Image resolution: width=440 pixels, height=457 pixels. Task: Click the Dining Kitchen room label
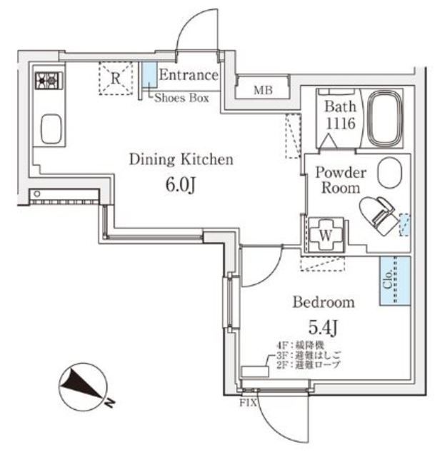tap(181, 159)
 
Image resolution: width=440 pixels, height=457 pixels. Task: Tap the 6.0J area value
tap(181, 186)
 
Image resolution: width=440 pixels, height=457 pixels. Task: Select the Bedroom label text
tap(324, 302)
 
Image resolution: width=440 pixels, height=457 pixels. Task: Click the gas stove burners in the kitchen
tap(49, 80)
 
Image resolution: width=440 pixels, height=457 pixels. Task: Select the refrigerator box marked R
tap(115, 79)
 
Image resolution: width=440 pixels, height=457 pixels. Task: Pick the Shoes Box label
tap(181, 99)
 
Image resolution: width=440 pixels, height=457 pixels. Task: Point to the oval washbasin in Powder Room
tap(390, 172)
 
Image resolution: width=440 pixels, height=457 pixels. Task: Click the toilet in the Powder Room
tap(378, 212)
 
